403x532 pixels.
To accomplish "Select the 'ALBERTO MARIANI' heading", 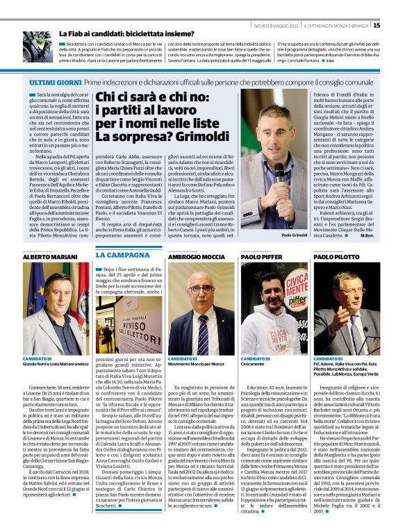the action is click(50, 256).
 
